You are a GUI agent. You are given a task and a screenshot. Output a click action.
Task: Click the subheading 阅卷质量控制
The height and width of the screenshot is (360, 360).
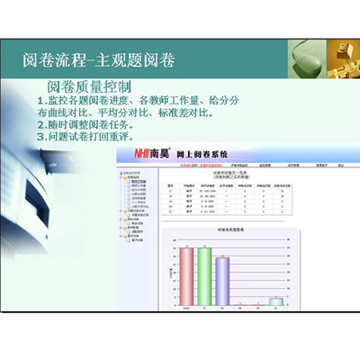90,87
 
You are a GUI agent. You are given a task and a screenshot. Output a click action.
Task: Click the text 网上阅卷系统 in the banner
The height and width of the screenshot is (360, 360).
202,156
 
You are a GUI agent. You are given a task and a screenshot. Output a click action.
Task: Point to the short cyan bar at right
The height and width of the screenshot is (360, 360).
278,301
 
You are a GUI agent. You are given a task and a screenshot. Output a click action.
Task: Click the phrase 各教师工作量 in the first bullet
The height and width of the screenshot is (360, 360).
184,102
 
